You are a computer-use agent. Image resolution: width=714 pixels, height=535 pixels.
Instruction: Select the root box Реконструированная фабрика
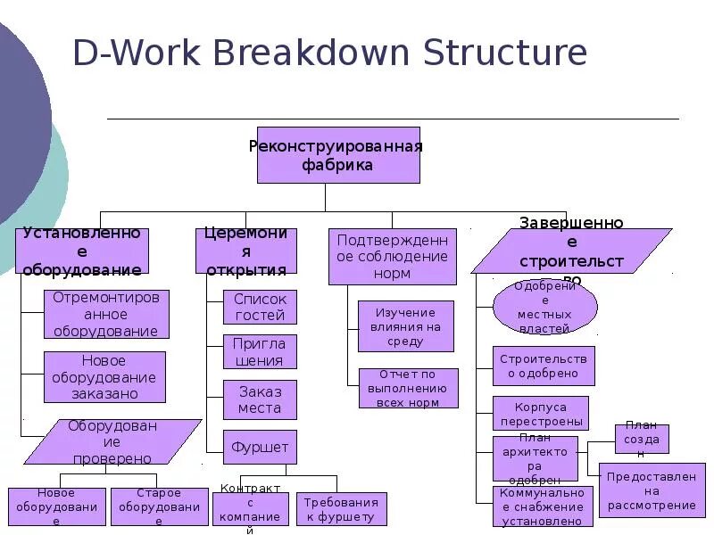(338, 155)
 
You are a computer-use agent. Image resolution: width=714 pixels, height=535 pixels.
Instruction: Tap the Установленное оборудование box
(81, 251)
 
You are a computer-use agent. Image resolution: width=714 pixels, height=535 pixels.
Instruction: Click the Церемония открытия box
(246, 251)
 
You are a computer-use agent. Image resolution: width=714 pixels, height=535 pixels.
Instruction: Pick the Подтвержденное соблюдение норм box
(393, 256)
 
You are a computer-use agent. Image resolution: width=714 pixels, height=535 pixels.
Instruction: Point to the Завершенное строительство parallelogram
(571, 251)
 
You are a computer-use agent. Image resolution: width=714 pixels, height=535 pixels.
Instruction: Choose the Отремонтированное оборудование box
(106, 314)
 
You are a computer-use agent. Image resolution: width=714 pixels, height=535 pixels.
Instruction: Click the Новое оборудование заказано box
(104, 376)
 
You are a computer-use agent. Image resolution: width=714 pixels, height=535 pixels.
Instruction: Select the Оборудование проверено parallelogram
(112, 441)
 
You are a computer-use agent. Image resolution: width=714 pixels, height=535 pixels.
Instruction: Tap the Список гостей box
(260, 307)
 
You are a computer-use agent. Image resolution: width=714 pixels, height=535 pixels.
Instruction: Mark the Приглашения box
(260, 351)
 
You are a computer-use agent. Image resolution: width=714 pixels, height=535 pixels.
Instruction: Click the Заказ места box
(260, 399)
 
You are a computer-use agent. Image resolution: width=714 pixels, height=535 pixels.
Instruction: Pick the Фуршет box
(260, 447)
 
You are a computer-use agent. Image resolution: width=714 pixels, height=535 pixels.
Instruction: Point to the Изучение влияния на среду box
(406, 326)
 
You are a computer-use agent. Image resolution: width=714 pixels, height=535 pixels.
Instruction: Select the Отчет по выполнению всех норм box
(408, 388)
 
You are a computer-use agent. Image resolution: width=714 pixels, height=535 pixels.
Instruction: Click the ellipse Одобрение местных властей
(544, 307)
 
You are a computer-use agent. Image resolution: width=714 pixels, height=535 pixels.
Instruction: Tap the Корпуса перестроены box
(541, 413)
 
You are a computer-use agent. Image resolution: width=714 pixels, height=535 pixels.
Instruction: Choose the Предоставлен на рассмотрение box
(652, 490)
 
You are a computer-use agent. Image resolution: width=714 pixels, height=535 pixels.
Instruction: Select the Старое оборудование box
(158, 506)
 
